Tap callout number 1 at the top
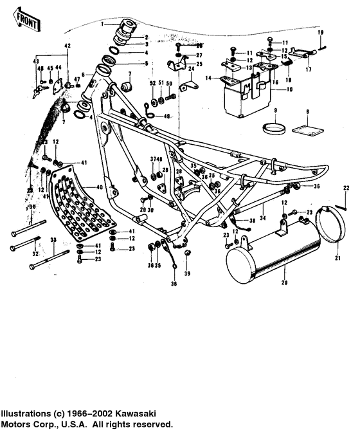(102, 23)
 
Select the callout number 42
(66, 46)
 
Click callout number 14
(208, 78)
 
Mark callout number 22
(346, 187)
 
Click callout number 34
(262, 208)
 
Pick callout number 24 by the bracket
(191, 68)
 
